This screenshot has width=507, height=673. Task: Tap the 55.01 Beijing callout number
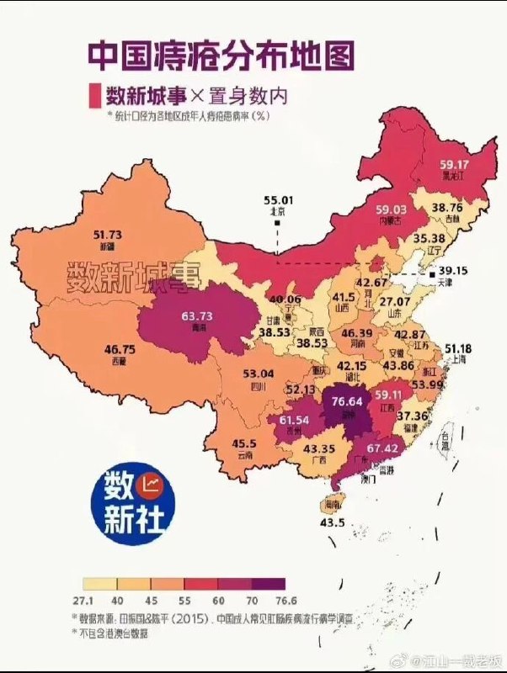pos(279,200)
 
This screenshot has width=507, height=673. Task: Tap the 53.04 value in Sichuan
pos(258,374)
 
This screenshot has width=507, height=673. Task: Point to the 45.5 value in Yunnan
pos(244,443)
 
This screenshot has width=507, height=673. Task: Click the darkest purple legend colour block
pos(268,583)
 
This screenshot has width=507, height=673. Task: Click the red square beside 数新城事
pos(93,96)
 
